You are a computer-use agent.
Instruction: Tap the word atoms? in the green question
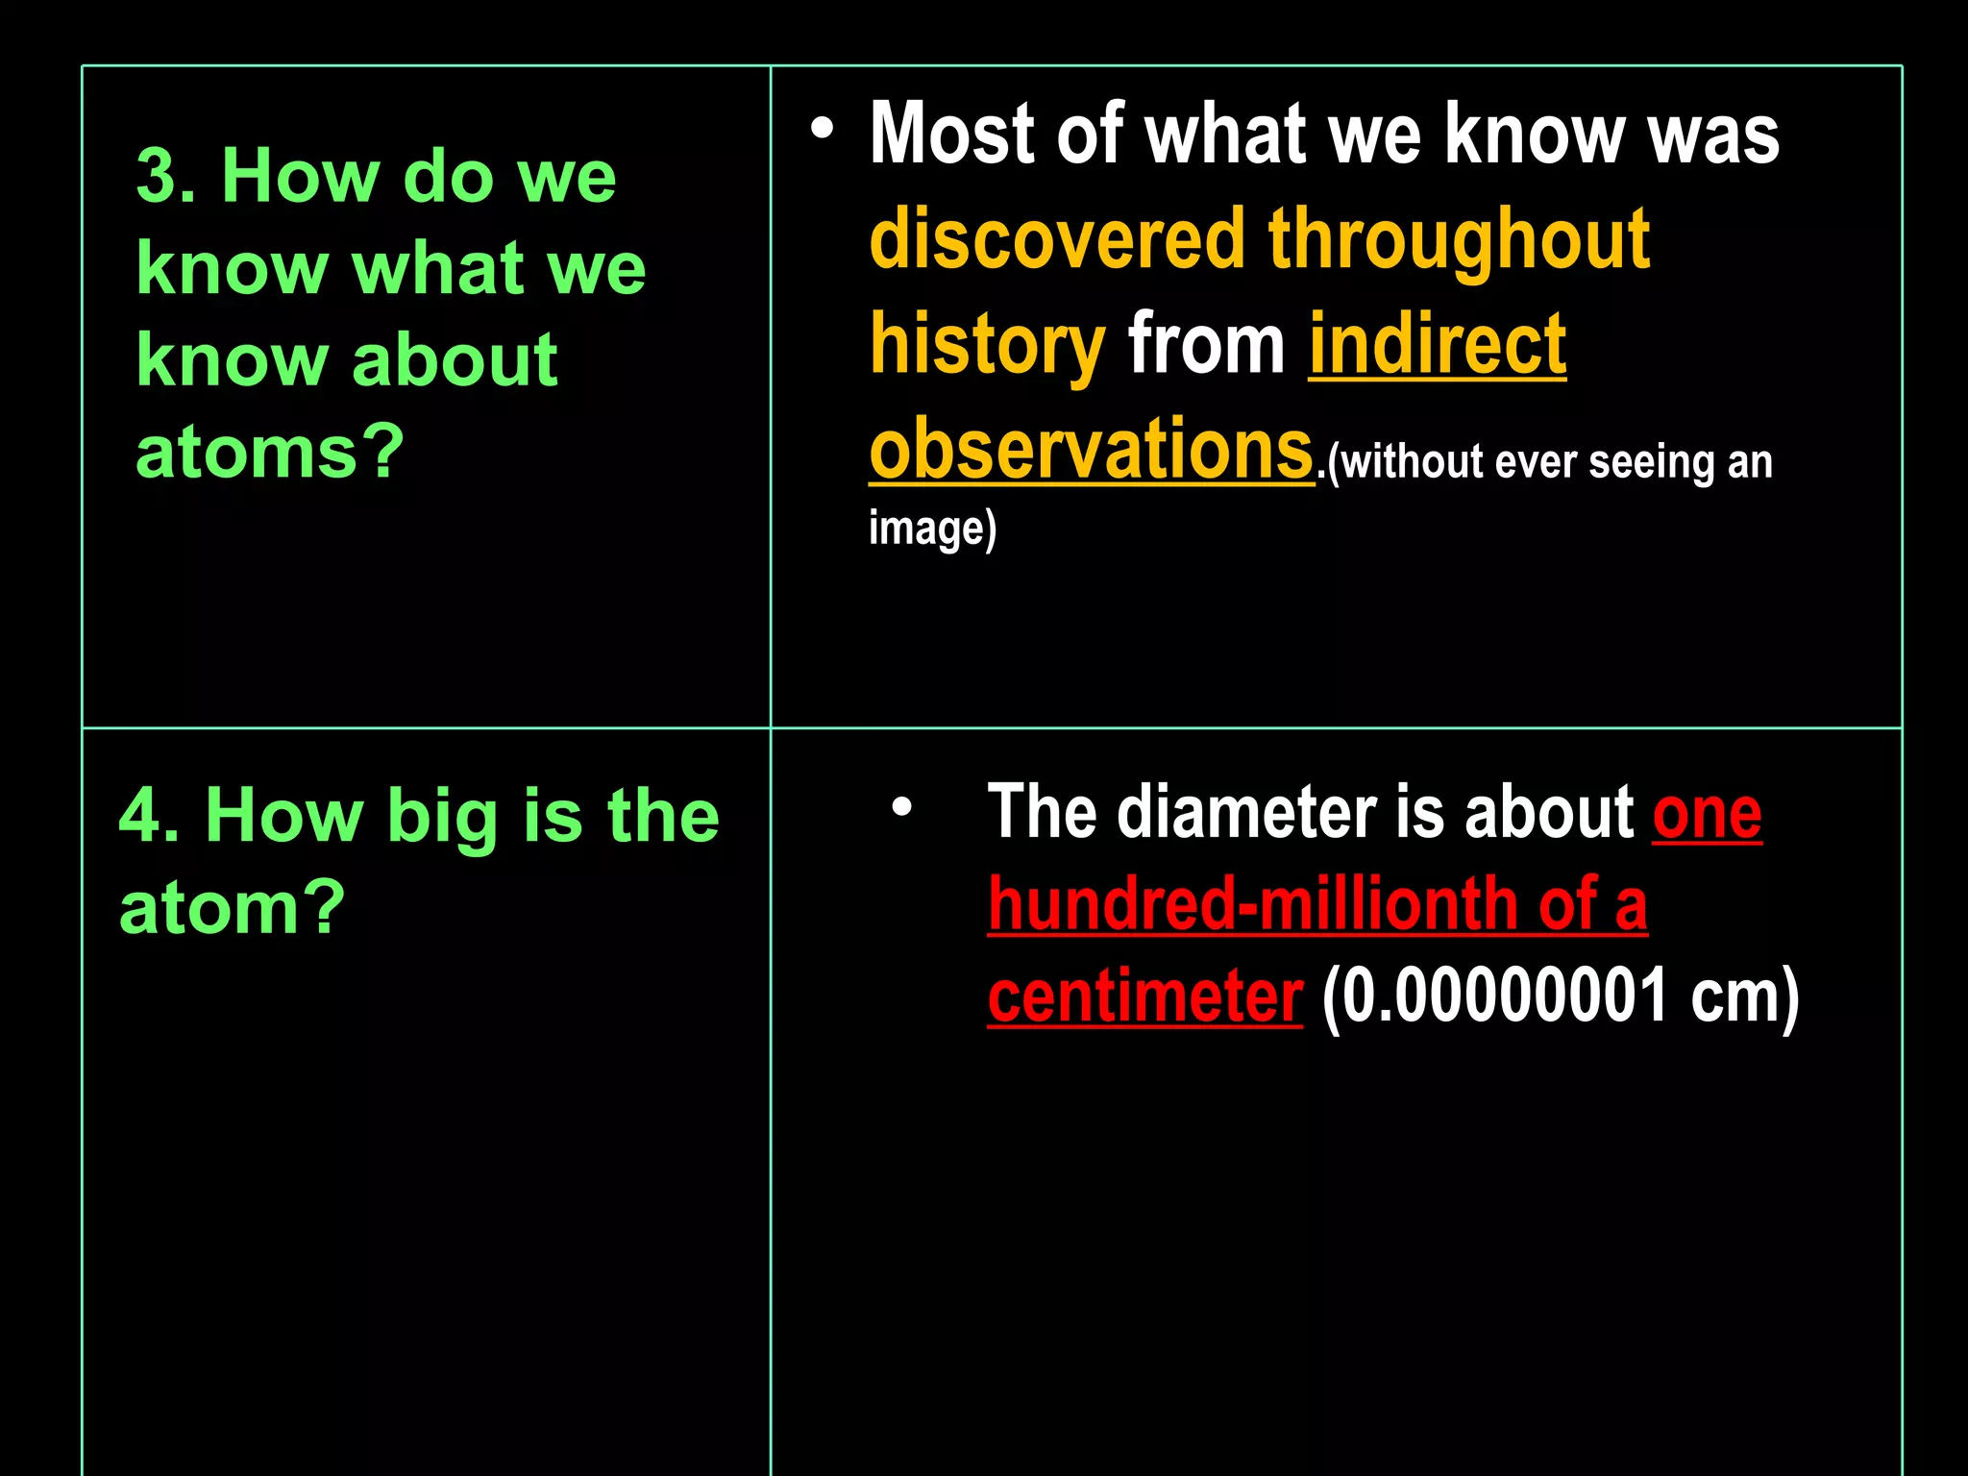(x=270, y=452)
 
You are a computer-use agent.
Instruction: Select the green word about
(x=455, y=360)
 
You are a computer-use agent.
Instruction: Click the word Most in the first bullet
(x=951, y=135)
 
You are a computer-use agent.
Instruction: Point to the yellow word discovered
(x=1057, y=239)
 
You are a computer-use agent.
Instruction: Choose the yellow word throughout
(x=1459, y=241)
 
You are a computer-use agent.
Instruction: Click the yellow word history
(x=988, y=346)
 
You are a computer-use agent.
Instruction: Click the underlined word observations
(x=1091, y=450)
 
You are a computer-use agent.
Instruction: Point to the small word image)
(x=932, y=529)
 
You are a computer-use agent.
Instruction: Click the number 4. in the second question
(x=149, y=815)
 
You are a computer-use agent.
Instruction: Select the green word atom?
(x=232, y=907)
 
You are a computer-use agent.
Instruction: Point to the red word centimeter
(x=1144, y=996)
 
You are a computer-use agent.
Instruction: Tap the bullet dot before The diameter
(x=901, y=806)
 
